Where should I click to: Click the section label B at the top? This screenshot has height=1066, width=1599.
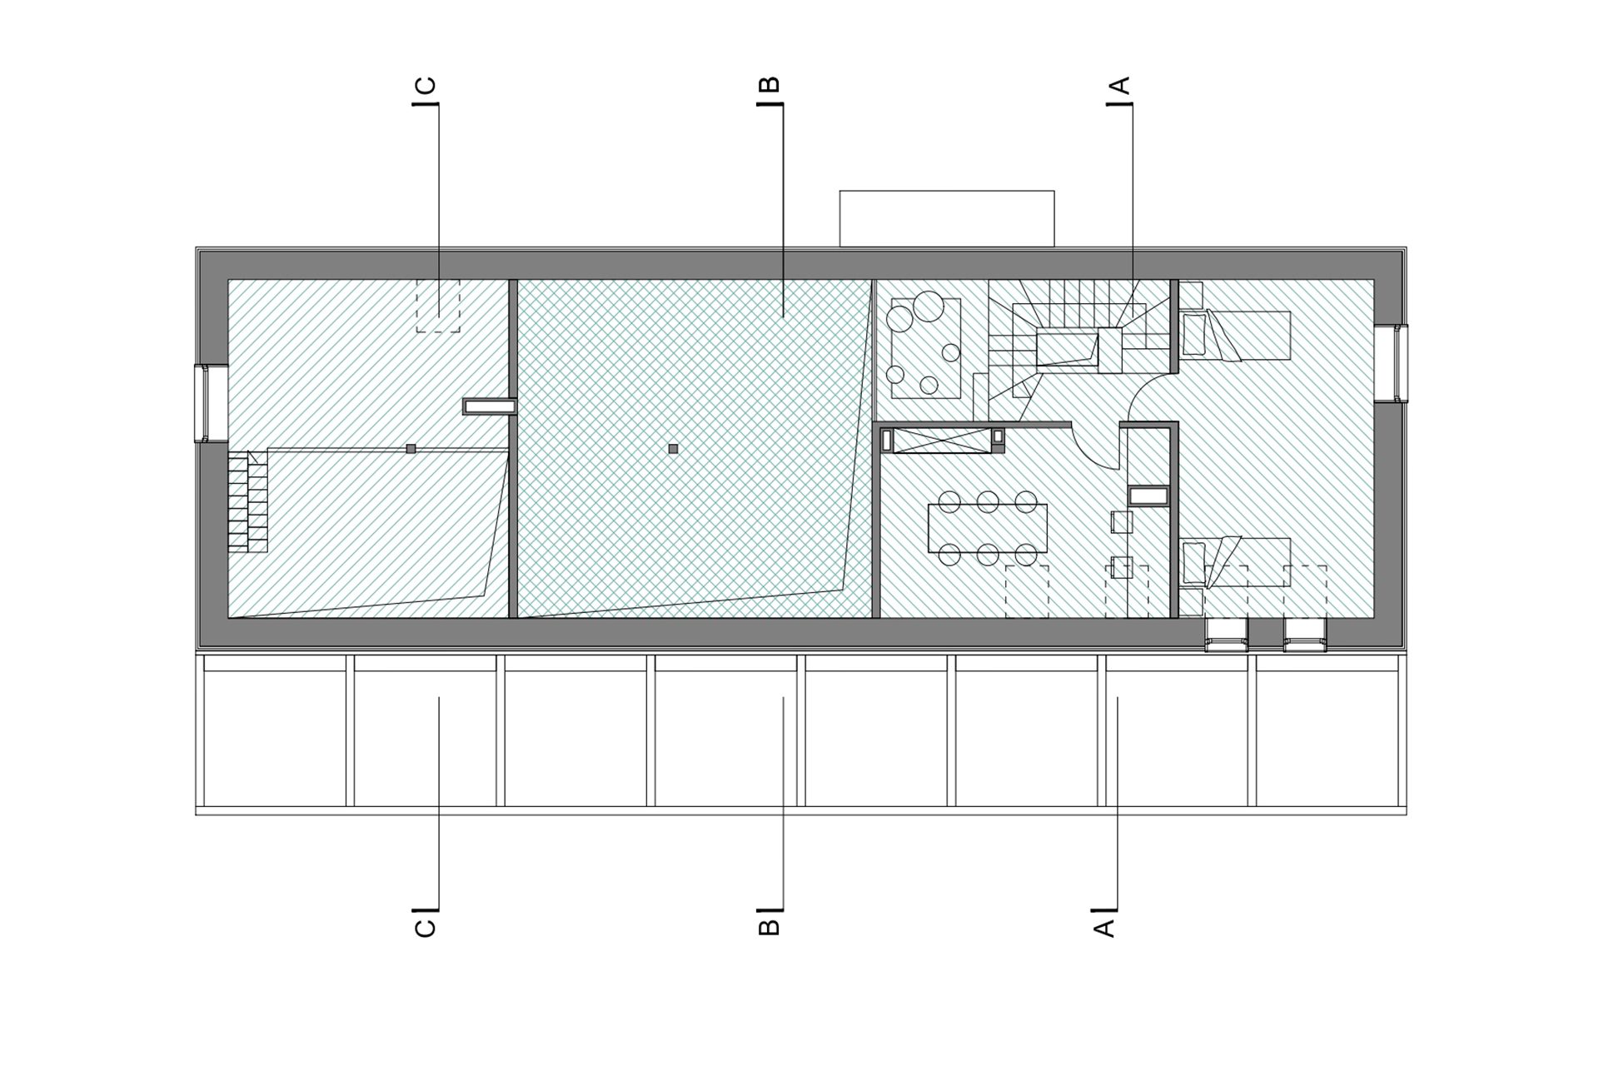770,85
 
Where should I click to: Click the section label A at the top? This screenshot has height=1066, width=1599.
1121,85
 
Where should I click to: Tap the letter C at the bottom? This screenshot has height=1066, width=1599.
425,928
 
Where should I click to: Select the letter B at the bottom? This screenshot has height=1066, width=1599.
770,928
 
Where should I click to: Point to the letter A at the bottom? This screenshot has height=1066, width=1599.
1104,928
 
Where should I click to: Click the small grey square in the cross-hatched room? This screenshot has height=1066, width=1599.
673,449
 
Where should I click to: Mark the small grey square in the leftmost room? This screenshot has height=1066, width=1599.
411,449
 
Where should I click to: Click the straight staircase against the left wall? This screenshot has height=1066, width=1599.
247,501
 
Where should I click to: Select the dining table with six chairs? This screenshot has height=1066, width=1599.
987,528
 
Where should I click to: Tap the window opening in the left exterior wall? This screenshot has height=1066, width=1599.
211,403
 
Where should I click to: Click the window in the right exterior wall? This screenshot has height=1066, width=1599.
1391,363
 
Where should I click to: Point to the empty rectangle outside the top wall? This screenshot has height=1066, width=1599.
947,218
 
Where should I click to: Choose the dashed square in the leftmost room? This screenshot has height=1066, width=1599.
438,306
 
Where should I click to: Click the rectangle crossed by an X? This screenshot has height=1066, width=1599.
943,441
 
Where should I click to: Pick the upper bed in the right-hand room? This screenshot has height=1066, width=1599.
1236,335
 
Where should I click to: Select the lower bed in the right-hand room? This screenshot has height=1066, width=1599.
1236,562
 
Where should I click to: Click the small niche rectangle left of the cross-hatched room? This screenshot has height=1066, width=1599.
487,406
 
